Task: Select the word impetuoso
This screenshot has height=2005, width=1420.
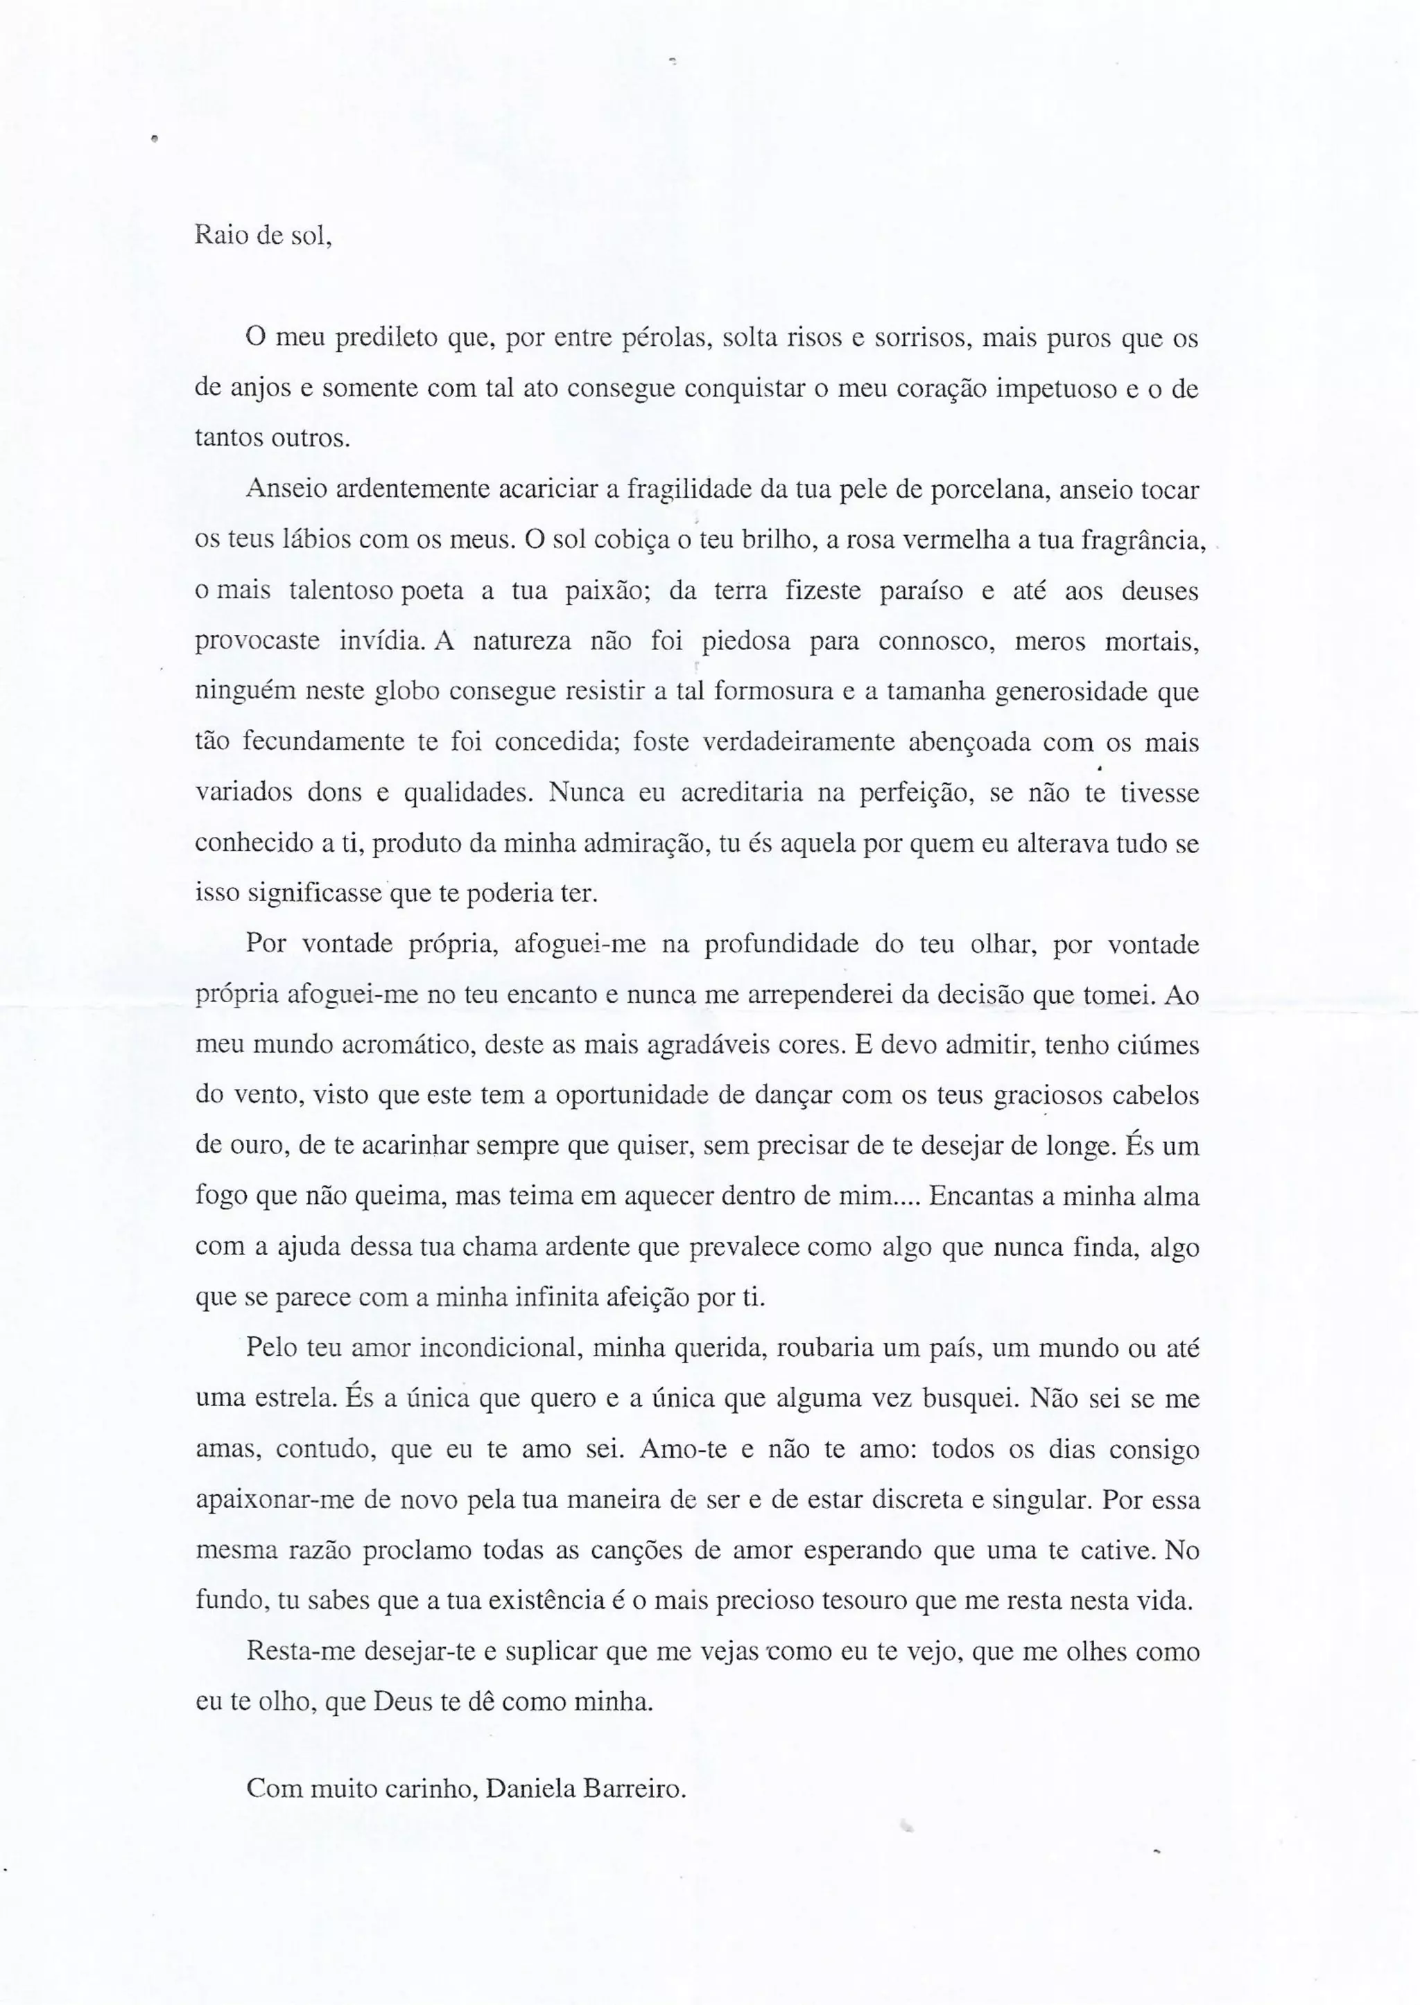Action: coord(1055,388)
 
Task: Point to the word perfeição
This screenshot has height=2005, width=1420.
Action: coord(910,793)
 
